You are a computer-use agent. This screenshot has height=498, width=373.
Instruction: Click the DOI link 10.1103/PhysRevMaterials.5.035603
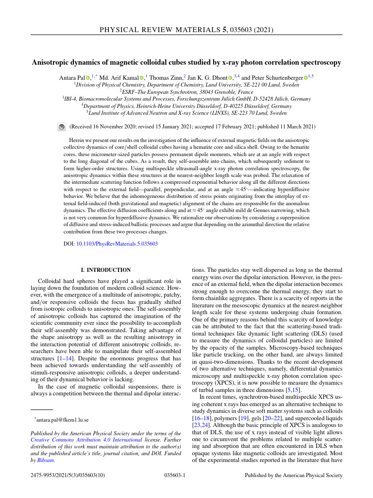tap(117, 244)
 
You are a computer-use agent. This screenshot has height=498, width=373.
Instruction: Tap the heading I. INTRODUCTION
tap(105, 270)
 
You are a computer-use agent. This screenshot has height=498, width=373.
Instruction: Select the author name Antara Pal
tap(71, 78)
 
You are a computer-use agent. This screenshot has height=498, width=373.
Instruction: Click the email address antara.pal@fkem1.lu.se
tap(63, 419)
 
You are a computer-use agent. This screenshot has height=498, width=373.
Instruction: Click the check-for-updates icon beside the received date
tap(62, 127)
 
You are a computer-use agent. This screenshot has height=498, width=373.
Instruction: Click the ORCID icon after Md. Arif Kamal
tap(141, 78)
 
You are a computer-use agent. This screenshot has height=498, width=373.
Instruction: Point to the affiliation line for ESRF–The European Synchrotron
tap(186, 91)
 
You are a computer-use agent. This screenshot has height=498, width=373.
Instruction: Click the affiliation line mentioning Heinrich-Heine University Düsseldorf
tap(186, 106)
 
